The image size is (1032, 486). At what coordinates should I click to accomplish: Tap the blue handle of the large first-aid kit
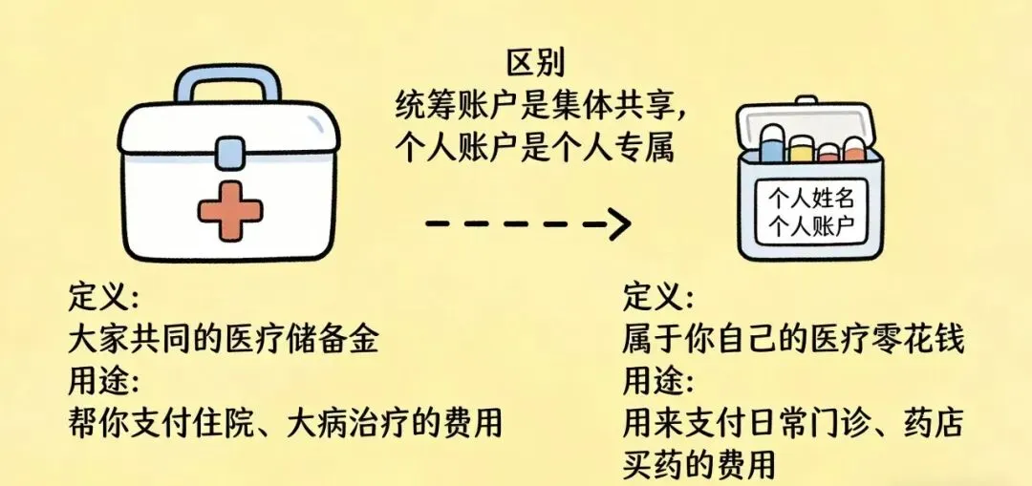(x=230, y=78)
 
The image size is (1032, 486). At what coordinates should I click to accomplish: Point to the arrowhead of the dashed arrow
(x=621, y=224)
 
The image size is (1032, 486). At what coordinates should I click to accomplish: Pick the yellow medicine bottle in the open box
(x=800, y=148)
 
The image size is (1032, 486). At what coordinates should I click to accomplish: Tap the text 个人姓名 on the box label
(x=810, y=199)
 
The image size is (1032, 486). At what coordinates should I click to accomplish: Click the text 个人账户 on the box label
(x=810, y=227)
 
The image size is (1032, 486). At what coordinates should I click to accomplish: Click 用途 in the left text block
(x=103, y=380)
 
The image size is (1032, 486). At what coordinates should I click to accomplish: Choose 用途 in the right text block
(x=658, y=380)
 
